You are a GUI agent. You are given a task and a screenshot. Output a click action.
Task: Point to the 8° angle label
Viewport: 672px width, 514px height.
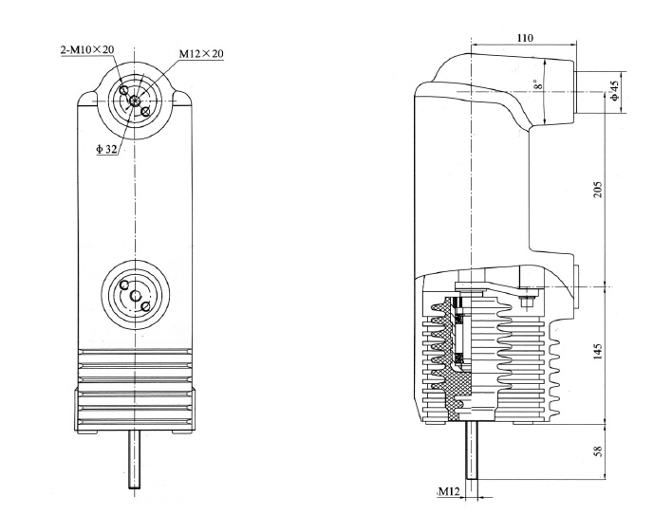click(x=536, y=87)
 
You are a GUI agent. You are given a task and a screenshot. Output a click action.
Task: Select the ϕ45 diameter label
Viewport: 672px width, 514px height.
click(x=614, y=91)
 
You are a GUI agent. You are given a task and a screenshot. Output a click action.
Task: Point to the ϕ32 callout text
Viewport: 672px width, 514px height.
click(x=107, y=148)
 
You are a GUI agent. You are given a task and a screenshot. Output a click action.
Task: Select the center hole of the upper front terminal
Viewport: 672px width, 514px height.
click(x=136, y=101)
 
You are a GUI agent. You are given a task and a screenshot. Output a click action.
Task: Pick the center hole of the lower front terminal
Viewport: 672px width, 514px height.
click(x=136, y=291)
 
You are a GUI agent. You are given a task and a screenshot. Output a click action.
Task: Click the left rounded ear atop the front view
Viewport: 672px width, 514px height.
click(x=93, y=98)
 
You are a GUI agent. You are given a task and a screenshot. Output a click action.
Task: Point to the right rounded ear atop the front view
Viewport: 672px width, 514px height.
click(x=180, y=98)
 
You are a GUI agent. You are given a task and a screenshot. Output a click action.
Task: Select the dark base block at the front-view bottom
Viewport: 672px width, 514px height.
click(x=136, y=408)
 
